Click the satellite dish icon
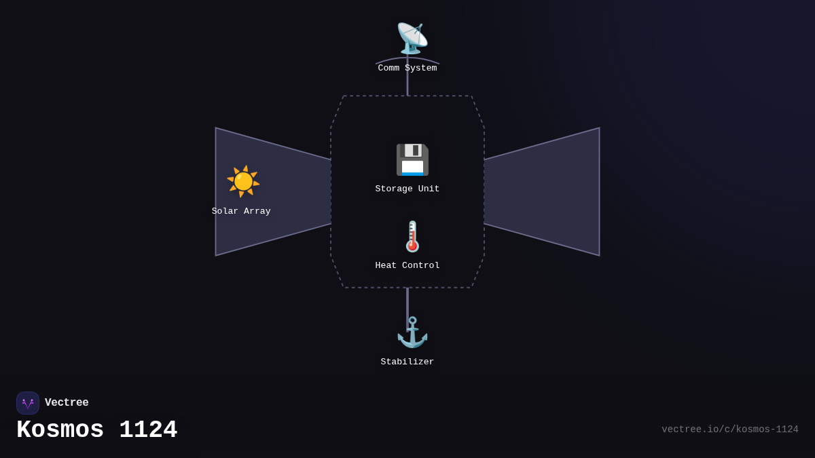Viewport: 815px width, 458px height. (x=412, y=38)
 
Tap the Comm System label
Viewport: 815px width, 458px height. (x=407, y=69)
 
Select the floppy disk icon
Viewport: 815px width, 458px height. (x=412, y=159)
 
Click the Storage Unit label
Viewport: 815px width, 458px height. (x=407, y=189)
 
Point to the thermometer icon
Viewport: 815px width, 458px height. (x=412, y=236)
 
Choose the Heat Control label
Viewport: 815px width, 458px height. (x=407, y=266)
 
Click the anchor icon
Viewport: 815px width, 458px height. (x=412, y=332)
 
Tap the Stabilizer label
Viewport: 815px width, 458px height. (x=407, y=362)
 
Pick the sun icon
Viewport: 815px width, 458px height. (x=242, y=181)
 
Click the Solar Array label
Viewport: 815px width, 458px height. (x=241, y=212)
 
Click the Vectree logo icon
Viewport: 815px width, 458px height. (x=28, y=403)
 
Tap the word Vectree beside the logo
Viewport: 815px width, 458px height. (x=67, y=403)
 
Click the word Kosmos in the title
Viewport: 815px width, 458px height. (x=60, y=430)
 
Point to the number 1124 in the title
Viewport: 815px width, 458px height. (x=148, y=430)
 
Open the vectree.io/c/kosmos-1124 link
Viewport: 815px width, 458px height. (x=730, y=430)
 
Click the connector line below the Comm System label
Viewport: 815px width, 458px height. (x=407, y=85)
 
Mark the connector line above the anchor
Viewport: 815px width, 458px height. (x=407, y=302)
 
